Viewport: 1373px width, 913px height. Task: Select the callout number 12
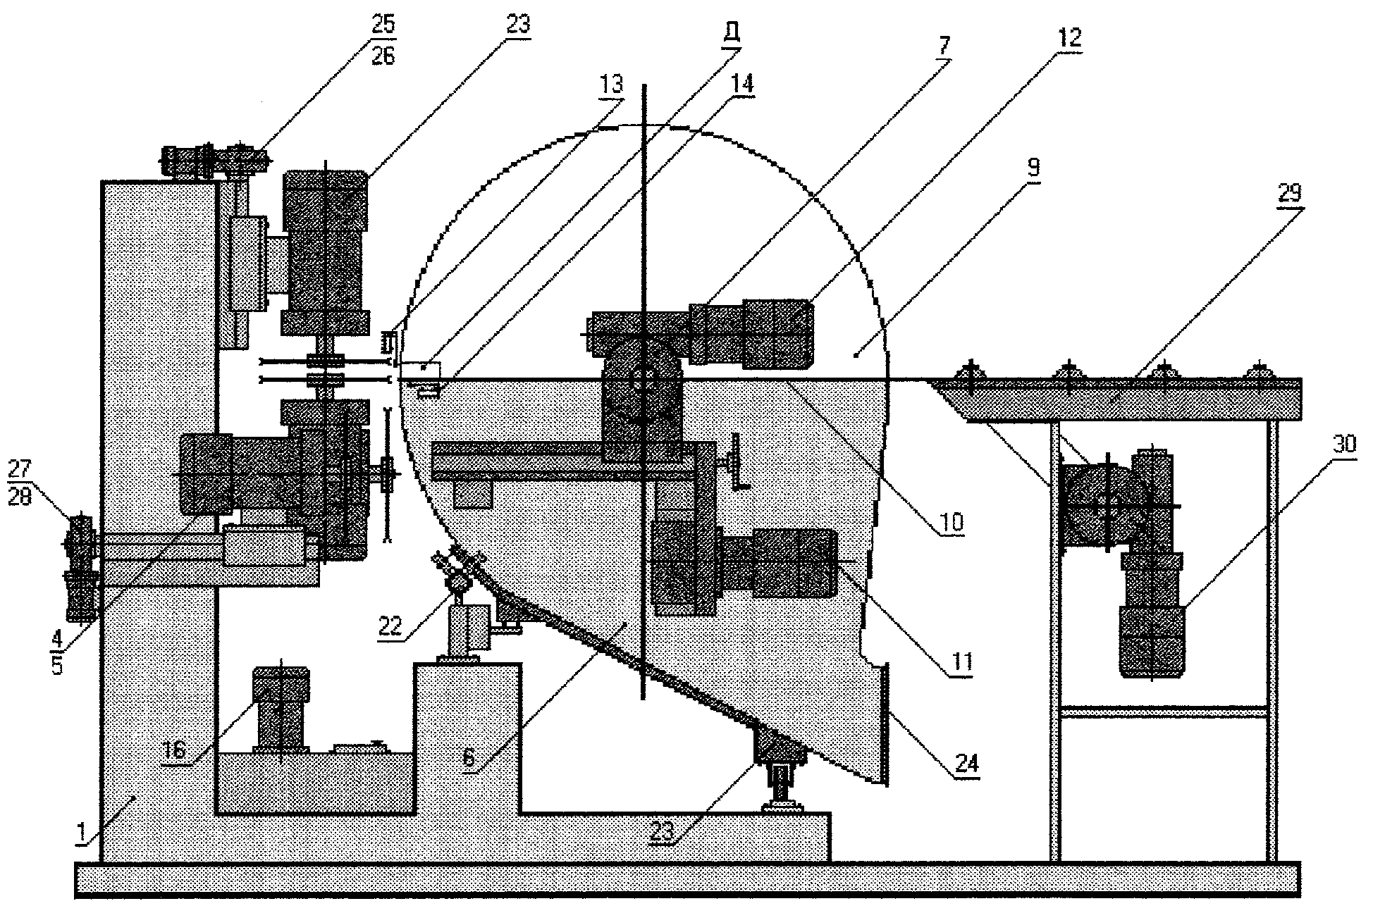1068,37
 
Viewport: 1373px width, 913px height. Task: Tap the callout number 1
83,834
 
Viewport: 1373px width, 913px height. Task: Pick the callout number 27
20,467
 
